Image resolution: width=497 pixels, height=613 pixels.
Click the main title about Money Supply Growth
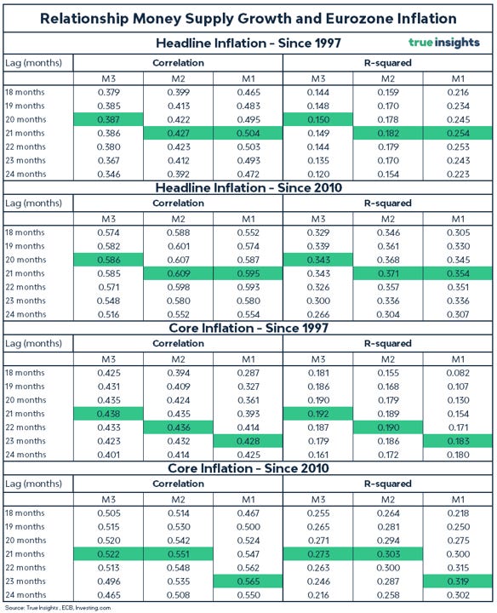[x=248, y=18]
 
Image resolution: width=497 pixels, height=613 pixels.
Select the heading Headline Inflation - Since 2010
[x=248, y=187]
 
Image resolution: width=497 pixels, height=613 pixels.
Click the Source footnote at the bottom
[x=60, y=607]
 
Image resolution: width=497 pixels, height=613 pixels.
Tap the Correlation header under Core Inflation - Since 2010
[x=177, y=484]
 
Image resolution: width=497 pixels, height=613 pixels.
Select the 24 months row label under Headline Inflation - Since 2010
[x=28, y=314]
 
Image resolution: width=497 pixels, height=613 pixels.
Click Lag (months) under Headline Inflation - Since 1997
[x=33, y=62]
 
